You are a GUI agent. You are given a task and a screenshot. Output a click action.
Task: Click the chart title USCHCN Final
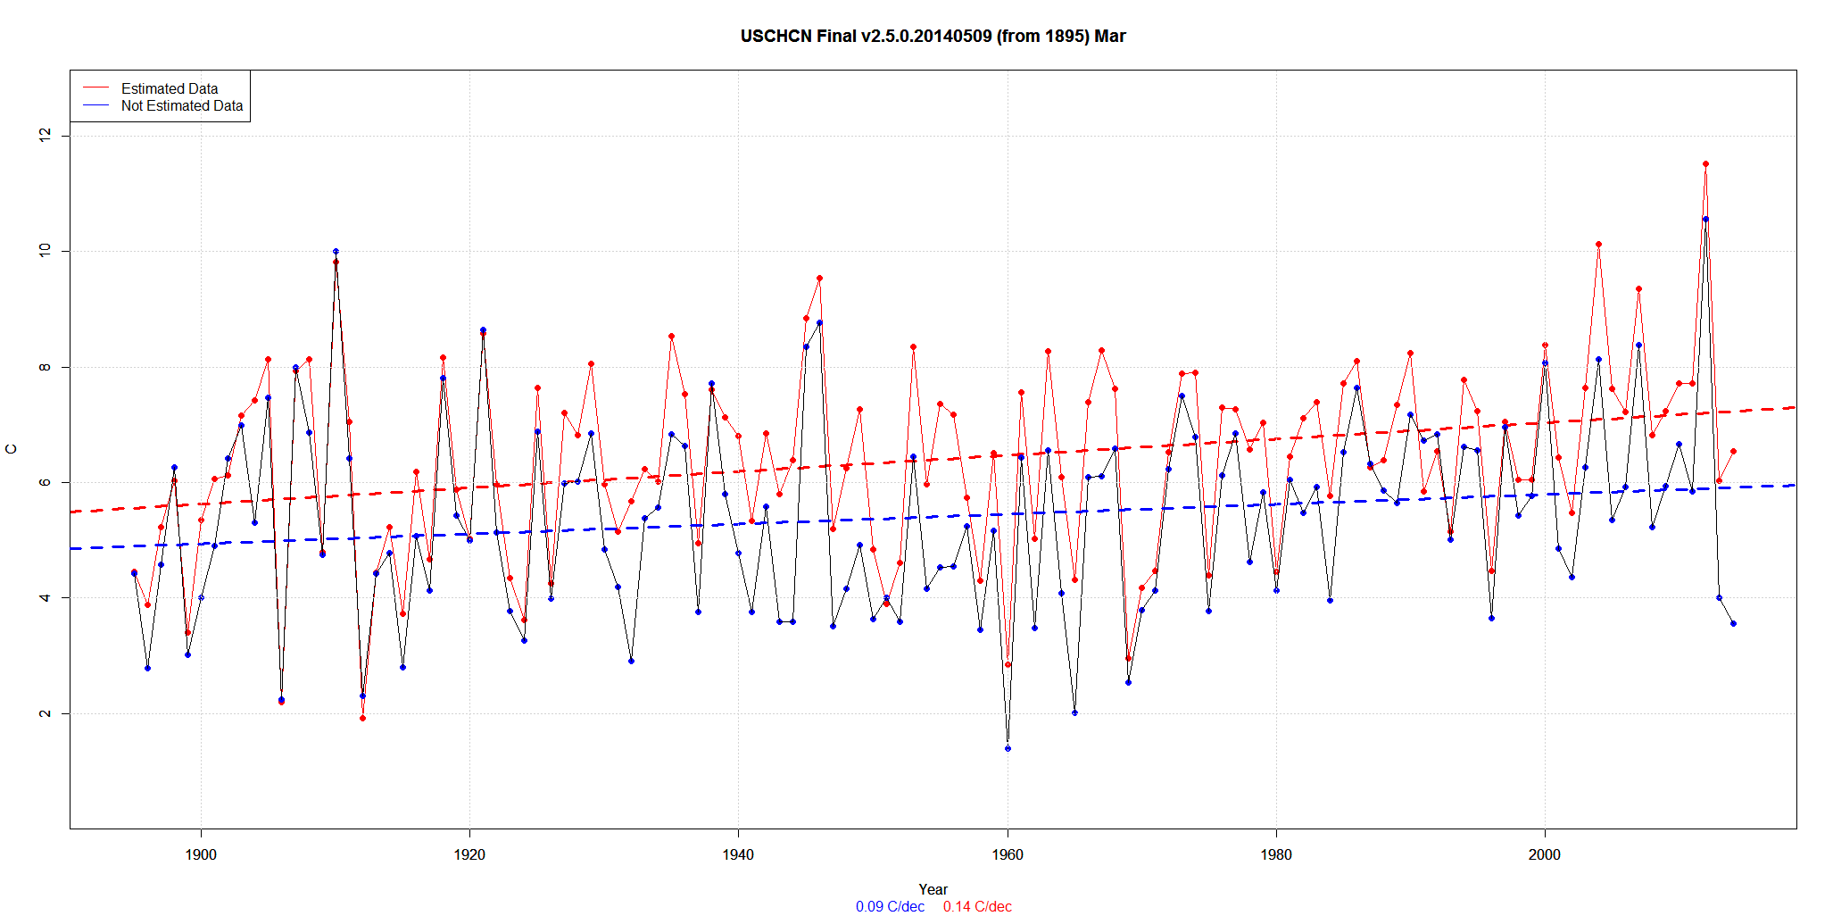coord(933,37)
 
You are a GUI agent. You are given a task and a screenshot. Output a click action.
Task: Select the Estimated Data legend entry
coord(170,88)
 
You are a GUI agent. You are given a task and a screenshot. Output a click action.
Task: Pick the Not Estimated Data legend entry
coord(181,105)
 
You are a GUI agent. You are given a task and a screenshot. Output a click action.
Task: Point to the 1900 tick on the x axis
coord(201,854)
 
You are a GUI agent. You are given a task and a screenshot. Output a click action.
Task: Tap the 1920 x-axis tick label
coord(469,854)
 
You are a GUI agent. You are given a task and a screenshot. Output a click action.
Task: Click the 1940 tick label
coord(738,854)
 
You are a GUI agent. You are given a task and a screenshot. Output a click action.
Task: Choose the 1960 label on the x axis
coord(1008,854)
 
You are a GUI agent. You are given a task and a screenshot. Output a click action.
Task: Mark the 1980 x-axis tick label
coord(1276,854)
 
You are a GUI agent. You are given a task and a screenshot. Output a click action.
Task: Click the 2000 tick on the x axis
coord(1545,854)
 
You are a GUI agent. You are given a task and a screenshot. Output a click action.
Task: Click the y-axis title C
coord(12,449)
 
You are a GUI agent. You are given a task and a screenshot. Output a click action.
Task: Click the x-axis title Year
coord(933,889)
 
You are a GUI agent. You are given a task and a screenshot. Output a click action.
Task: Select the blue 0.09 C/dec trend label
coord(890,906)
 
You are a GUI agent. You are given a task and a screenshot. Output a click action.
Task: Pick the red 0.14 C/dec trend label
coord(977,906)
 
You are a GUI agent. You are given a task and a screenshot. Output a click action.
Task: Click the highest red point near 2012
coord(1705,163)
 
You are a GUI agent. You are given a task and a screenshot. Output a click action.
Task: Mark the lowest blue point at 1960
coord(1008,748)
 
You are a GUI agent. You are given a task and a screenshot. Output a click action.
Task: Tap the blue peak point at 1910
coord(336,251)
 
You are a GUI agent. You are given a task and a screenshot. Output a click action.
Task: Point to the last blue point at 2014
coord(1733,623)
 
